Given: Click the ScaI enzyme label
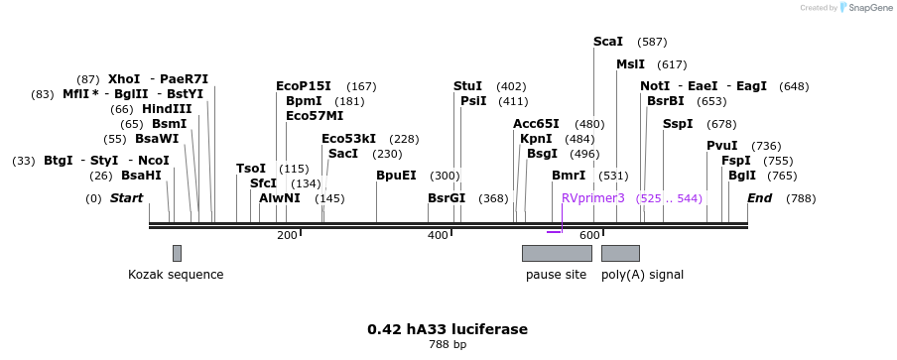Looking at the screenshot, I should [607, 42].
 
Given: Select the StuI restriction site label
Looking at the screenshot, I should [467, 86].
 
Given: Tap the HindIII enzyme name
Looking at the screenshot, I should [166, 109].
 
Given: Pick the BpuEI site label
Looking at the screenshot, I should [396, 176].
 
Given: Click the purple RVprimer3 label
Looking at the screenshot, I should [593, 198].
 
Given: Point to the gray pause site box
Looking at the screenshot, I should [557, 253].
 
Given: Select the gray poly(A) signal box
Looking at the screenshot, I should [620, 253].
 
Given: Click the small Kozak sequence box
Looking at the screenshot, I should [177, 253].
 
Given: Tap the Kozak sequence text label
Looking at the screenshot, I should [176, 275].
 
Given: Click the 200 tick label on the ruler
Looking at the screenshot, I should [287, 235].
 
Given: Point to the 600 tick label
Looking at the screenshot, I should [589, 235].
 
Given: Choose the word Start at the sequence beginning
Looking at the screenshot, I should [126, 198].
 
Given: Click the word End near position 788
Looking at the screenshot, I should [759, 198].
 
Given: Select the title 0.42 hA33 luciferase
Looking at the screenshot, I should [448, 329].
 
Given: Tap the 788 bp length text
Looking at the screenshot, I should [448, 345].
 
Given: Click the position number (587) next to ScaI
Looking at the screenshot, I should [652, 42].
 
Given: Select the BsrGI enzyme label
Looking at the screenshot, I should [447, 198].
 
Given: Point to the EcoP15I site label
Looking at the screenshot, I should [304, 86].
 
